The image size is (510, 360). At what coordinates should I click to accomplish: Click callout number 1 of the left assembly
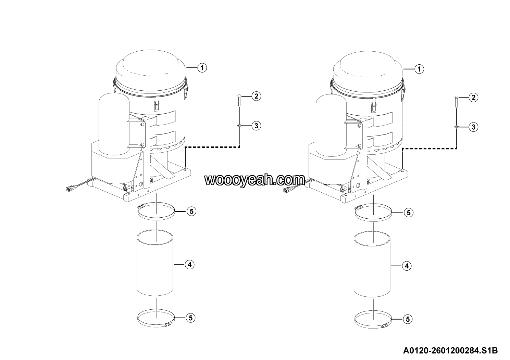pyautogui.click(x=202, y=68)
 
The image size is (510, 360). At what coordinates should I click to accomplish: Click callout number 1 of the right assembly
pyautogui.click(x=419, y=69)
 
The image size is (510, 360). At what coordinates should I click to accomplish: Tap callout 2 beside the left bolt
pyautogui.click(x=256, y=96)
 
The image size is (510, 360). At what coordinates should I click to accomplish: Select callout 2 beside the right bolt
pyautogui.click(x=474, y=98)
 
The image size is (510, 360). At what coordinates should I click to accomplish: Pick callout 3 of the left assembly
pyautogui.click(x=256, y=126)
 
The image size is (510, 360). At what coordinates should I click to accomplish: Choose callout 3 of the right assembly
pyautogui.click(x=474, y=127)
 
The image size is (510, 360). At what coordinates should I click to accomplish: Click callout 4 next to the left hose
pyautogui.click(x=190, y=265)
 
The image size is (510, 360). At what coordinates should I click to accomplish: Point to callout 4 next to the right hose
pyautogui.click(x=407, y=266)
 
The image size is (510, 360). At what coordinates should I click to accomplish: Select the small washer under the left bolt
pyautogui.click(x=239, y=125)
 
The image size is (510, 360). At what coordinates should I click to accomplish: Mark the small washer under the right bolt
pyautogui.click(x=456, y=127)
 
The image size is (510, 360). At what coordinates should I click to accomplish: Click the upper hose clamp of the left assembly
pyautogui.click(x=156, y=218)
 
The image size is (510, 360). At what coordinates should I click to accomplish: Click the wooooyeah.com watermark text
pyautogui.click(x=255, y=180)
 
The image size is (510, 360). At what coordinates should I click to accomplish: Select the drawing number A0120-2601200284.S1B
pyautogui.click(x=450, y=350)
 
